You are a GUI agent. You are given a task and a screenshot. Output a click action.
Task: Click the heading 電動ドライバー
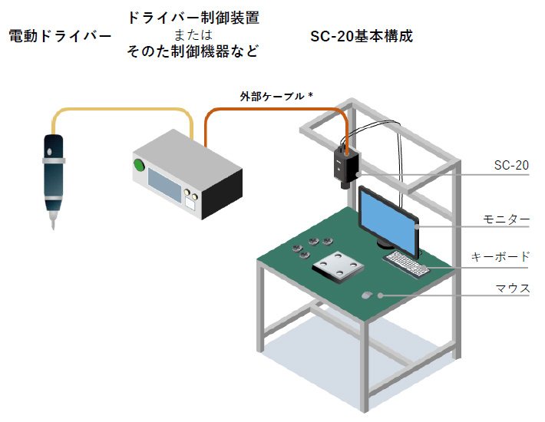tap(60, 36)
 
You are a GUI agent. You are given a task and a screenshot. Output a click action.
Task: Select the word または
tap(193, 35)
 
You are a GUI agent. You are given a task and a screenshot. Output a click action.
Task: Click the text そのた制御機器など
tap(193, 52)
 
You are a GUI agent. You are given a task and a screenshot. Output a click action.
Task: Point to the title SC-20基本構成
tap(362, 36)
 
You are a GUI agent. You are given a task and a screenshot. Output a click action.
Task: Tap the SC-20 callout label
tap(511, 165)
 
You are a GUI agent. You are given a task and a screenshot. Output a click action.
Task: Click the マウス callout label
tap(513, 288)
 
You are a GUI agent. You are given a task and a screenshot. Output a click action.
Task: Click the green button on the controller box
tap(139, 164)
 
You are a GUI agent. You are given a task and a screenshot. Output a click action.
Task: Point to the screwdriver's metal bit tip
tap(52, 224)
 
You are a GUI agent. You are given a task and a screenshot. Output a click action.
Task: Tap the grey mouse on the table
tap(367, 295)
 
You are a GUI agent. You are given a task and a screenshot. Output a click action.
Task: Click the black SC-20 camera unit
tap(346, 167)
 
